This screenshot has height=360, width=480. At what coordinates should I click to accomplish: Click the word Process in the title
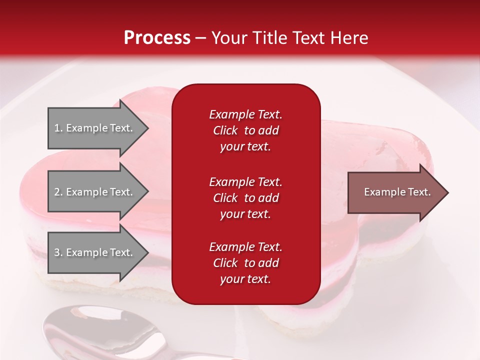(x=157, y=38)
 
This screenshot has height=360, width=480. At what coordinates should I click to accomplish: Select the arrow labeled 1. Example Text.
(x=95, y=128)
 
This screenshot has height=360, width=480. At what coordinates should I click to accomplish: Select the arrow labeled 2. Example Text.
(x=95, y=192)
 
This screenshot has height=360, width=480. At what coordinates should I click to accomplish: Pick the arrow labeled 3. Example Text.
(x=95, y=252)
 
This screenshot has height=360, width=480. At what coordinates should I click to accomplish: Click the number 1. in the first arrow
(x=58, y=128)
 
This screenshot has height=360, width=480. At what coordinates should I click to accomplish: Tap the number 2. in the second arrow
(x=58, y=192)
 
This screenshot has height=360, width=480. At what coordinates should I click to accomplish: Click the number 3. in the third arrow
(x=58, y=252)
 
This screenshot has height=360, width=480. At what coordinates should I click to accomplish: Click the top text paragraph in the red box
(x=245, y=130)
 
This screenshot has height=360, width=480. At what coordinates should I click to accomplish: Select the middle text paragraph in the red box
(x=245, y=198)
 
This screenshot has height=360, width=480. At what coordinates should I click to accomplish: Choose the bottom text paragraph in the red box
(x=245, y=263)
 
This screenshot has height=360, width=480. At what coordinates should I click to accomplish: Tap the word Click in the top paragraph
(x=225, y=130)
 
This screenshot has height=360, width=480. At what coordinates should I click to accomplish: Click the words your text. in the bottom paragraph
(x=245, y=279)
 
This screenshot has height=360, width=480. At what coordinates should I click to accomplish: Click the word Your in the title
(x=228, y=38)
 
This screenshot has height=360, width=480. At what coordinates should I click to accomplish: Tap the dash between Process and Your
(x=200, y=38)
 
